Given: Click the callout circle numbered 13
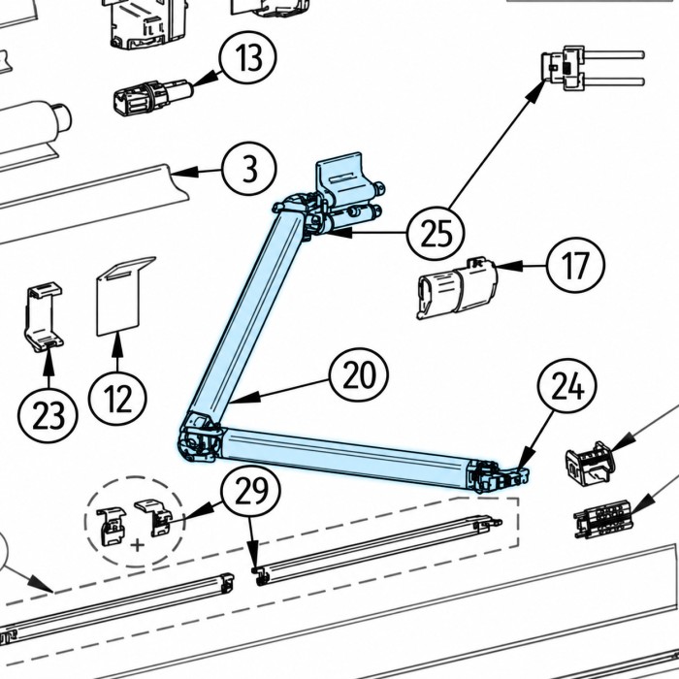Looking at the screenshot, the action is click(x=248, y=57).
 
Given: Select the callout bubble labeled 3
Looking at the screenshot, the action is click(x=249, y=170).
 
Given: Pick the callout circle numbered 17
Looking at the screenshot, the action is click(x=575, y=265).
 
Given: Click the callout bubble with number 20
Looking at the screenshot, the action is click(x=359, y=376).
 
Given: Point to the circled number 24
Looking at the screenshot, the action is click(x=567, y=387).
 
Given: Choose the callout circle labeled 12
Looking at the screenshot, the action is click(x=117, y=399).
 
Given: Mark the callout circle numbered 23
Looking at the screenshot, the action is click(x=48, y=414).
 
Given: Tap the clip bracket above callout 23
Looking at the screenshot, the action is click(x=44, y=316).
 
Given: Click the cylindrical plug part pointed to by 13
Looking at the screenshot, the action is click(x=152, y=97).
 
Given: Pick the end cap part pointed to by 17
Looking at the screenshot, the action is click(x=457, y=288).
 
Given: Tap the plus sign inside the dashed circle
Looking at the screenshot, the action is click(x=138, y=545).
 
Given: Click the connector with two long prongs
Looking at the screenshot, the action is click(x=593, y=69).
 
